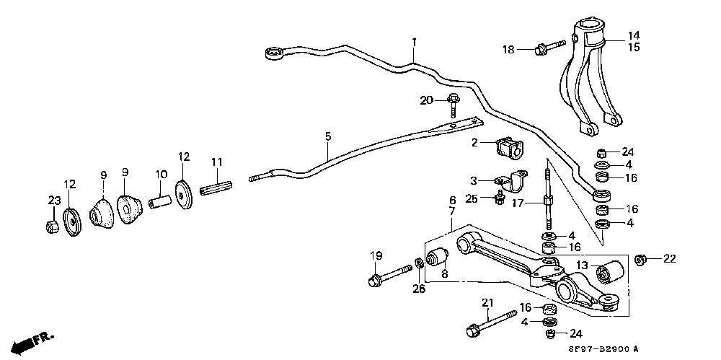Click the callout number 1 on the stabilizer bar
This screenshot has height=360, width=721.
tap(414, 43)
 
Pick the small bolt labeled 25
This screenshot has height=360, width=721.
tap(499, 198)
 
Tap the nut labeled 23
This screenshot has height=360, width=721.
tap(51, 227)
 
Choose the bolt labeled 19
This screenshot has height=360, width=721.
tap(389, 277)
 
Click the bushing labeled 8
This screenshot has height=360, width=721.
tap(438, 257)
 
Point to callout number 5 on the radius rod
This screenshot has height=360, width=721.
tap(328, 136)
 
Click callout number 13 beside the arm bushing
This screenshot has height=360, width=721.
tap(582, 265)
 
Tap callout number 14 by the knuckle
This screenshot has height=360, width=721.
tap(634, 35)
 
